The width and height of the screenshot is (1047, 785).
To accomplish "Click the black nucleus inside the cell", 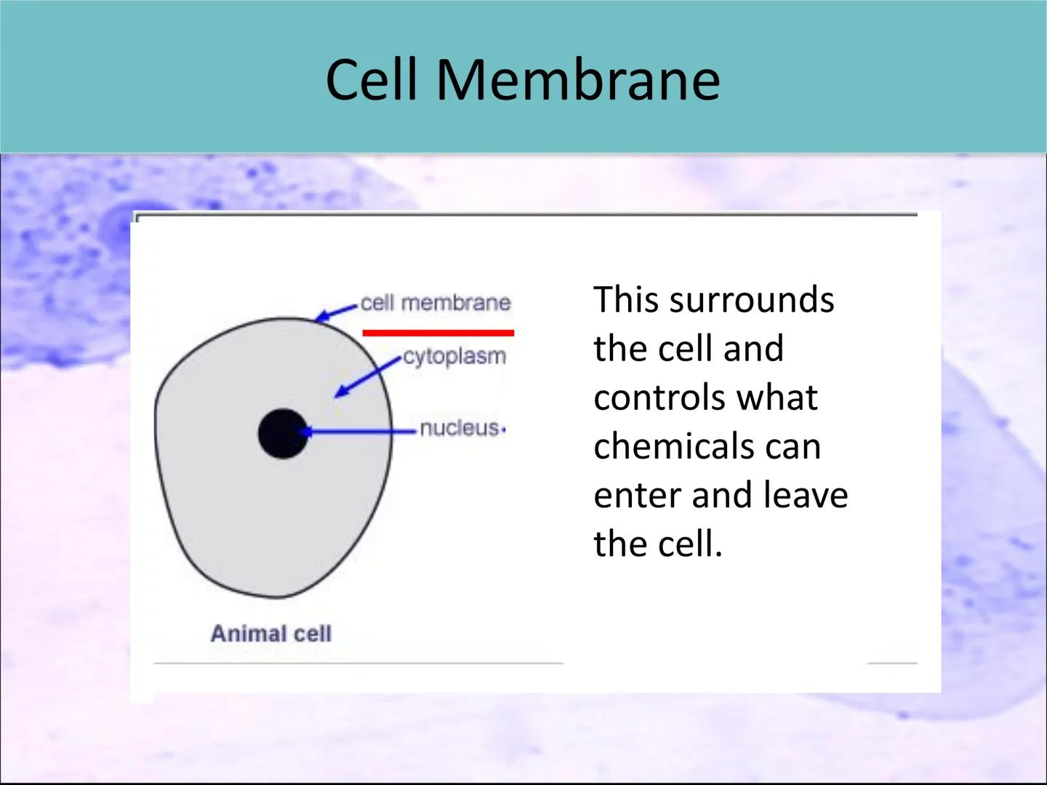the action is (x=283, y=433).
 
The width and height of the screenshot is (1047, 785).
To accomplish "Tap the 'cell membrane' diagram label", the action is (x=436, y=302).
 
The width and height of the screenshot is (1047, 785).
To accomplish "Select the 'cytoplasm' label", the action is (x=454, y=357).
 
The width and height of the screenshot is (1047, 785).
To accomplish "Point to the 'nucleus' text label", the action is (x=459, y=428).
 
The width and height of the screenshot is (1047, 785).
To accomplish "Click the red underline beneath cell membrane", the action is (x=438, y=333).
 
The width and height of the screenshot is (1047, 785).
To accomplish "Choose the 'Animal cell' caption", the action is (x=271, y=634).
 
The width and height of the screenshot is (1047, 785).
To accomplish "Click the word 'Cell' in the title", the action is (x=372, y=79).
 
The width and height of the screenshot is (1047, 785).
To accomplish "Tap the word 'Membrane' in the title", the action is (x=577, y=79).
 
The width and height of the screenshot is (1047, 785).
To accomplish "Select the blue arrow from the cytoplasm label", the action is (x=367, y=377).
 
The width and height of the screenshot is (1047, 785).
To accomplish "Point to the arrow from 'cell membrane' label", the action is (x=337, y=313).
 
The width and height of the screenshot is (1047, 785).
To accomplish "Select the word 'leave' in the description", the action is (x=806, y=495).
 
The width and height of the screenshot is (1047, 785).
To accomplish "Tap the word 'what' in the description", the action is (x=777, y=398).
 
